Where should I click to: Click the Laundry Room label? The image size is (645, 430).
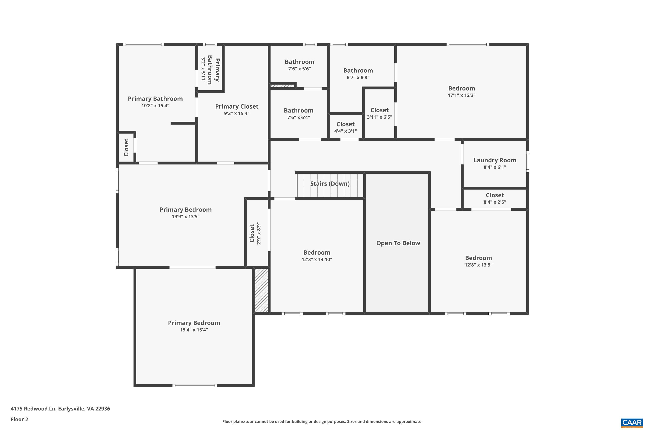pos(494,160)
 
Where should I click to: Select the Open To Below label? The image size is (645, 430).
pos(398,243)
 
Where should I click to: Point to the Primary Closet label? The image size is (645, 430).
pos(236,106)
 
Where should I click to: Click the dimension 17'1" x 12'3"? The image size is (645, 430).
pos(462,95)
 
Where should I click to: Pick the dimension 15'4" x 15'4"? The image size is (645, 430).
pos(194,330)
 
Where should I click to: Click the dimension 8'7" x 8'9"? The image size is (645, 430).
pos(358,78)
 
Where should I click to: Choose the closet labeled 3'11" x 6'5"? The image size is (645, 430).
pos(379,113)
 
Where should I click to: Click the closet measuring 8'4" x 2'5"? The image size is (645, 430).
pos(494,198)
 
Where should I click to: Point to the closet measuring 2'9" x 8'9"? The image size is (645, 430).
pos(255,233)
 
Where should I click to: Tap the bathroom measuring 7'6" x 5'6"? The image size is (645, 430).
pos(299,65)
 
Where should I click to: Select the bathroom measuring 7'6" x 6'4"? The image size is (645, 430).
pos(298,114)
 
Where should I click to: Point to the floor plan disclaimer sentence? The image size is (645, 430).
pos(322,421)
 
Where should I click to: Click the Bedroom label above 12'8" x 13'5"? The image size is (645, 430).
pos(478,258)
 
